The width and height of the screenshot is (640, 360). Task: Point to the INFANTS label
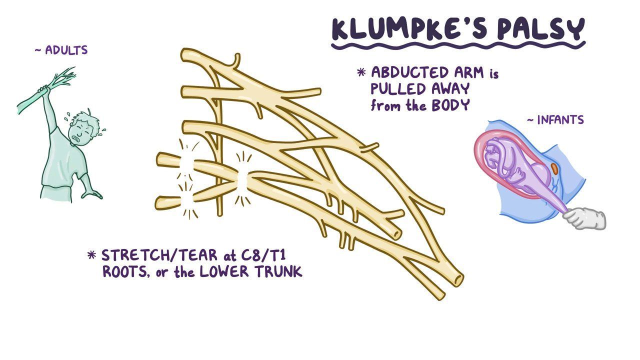tap(560, 120)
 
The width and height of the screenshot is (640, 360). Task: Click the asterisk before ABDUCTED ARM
tap(361, 72)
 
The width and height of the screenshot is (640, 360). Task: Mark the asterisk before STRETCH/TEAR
tap(91, 255)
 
